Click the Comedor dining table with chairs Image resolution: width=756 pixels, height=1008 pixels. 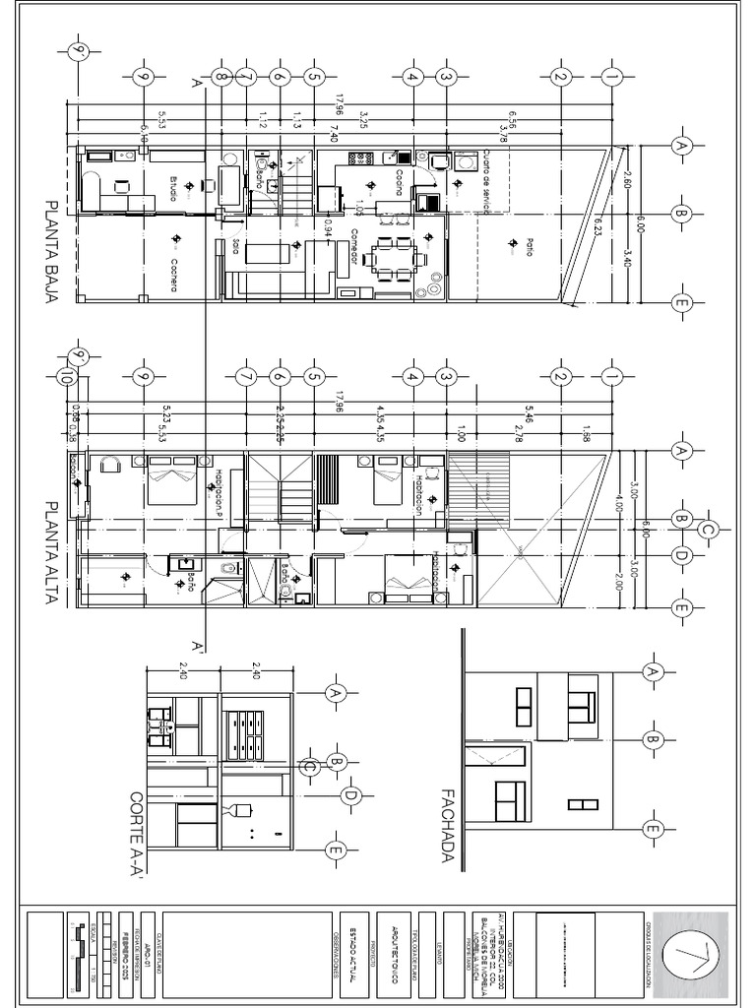(394, 259)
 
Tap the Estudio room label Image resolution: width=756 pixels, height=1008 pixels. (173, 187)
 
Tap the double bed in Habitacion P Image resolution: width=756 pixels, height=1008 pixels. (172, 481)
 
